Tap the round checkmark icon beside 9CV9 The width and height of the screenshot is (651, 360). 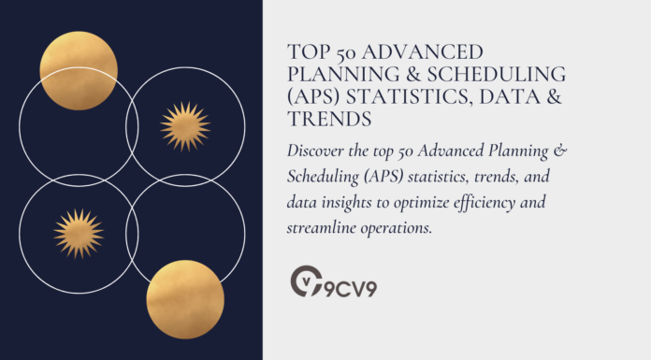tap(305, 281)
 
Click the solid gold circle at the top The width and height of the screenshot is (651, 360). tap(79, 70)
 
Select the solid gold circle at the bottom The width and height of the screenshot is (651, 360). tap(185, 299)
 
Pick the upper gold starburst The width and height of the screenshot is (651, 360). tap(184, 126)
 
